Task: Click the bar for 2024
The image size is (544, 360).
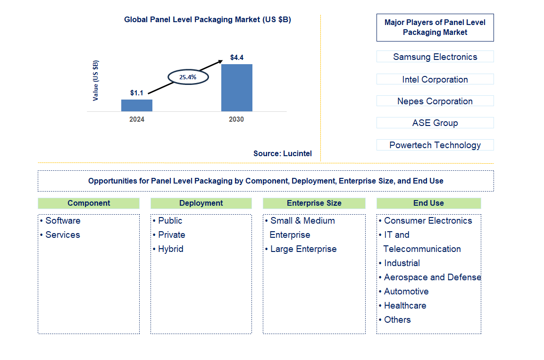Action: click(x=137, y=105)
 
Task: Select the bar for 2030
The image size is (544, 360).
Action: click(x=237, y=88)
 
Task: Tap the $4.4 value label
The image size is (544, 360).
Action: click(x=237, y=58)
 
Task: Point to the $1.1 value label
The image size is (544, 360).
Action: click(x=137, y=93)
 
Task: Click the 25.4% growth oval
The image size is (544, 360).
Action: click(x=187, y=76)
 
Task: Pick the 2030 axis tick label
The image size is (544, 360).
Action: click(x=236, y=119)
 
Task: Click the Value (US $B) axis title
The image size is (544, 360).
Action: click(x=96, y=80)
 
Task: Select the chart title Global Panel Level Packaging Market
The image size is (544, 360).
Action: click(x=208, y=20)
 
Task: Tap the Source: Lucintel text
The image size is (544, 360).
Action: click(x=282, y=153)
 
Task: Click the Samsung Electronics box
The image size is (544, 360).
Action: click(x=435, y=57)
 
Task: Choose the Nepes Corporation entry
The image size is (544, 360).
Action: click(x=435, y=101)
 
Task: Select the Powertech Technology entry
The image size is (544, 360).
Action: click(x=435, y=145)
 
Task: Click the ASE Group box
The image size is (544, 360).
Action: click(x=435, y=123)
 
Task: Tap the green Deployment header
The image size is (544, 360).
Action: click(x=201, y=203)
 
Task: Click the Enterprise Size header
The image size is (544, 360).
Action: click(x=314, y=203)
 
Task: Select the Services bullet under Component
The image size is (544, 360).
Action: click(x=62, y=234)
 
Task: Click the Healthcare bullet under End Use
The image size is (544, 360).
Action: click(x=405, y=305)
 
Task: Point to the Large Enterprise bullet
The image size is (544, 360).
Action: click(x=303, y=249)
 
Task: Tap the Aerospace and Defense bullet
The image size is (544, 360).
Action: click(x=432, y=277)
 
